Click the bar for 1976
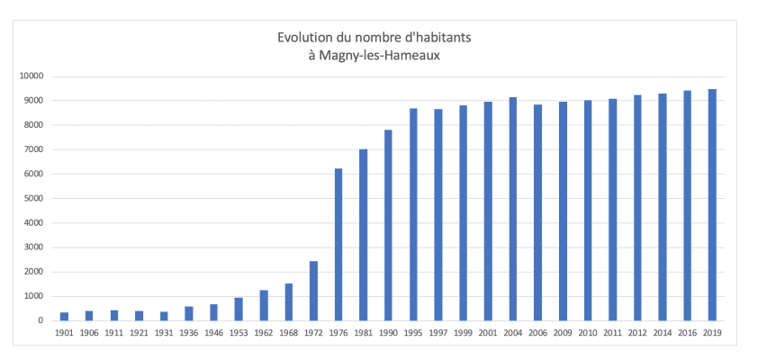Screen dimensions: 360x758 338,244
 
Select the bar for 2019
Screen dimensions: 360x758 712,204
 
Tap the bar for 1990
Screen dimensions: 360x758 388,225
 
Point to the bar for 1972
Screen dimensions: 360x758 313,291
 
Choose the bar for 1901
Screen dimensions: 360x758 64,316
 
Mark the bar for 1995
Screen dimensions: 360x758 413,214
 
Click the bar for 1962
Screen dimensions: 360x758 264,305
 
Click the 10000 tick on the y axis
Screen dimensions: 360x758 33,76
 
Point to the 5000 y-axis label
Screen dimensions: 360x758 35,198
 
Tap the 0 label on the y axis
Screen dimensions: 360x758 41,320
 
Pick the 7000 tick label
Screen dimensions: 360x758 35,149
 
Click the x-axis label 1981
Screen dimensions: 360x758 363,334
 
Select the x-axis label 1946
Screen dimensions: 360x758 213,334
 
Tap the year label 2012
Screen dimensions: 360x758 637,334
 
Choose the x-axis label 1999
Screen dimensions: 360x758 463,334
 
